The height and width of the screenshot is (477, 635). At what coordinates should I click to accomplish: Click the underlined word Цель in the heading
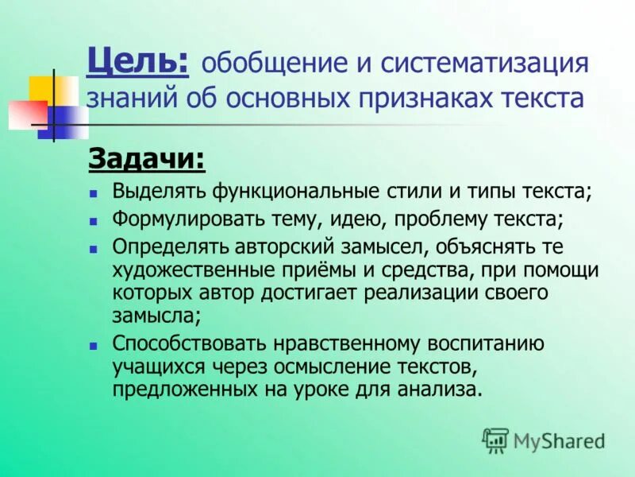(x=137, y=61)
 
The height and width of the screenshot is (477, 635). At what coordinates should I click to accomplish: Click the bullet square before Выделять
(x=93, y=192)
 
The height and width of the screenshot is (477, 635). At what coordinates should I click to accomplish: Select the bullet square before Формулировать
(x=93, y=219)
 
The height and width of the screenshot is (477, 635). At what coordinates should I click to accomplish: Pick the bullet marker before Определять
(x=93, y=246)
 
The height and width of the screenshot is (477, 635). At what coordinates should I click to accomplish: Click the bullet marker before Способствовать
(x=93, y=345)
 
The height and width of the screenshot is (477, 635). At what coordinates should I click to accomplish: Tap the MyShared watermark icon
(x=495, y=440)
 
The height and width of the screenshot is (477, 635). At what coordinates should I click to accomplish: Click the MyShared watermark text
(x=560, y=440)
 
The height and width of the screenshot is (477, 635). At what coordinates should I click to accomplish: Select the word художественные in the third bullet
(x=191, y=270)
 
